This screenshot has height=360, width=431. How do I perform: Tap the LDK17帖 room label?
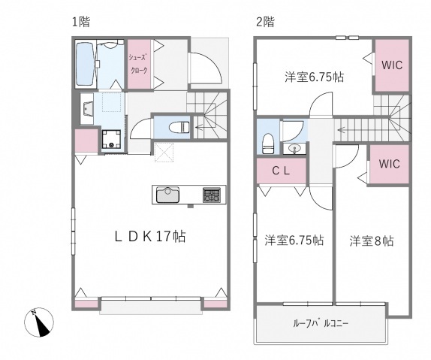click(150, 236)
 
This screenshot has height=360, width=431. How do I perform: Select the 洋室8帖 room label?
click(371, 241)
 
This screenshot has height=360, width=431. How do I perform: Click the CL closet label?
click(280, 171)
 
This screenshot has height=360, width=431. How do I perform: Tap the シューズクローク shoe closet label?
click(138, 64)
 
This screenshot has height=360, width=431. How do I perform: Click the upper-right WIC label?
click(392, 65)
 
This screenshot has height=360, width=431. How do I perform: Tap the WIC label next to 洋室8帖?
click(388, 163)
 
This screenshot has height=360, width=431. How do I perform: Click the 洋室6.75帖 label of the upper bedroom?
click(313, 77)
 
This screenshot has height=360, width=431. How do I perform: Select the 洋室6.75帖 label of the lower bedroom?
click(294, 241)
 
